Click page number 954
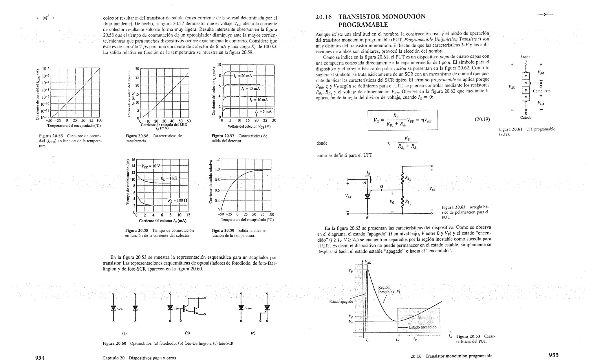point(40,357)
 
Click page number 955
point(554,355)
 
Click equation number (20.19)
point(482,119)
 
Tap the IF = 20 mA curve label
point(244,76)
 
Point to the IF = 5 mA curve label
point(263,111)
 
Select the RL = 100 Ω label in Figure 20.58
point(177,200)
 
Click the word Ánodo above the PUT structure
point(525,57)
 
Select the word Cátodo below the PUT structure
point(526,117)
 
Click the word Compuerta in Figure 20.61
point(541,91)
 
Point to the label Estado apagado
point(341,302)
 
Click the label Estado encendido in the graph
point(422,327)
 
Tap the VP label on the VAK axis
point(351,271)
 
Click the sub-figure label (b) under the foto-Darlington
point(187,333)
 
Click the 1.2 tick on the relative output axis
point(217,159)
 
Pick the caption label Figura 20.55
point(51,136)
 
